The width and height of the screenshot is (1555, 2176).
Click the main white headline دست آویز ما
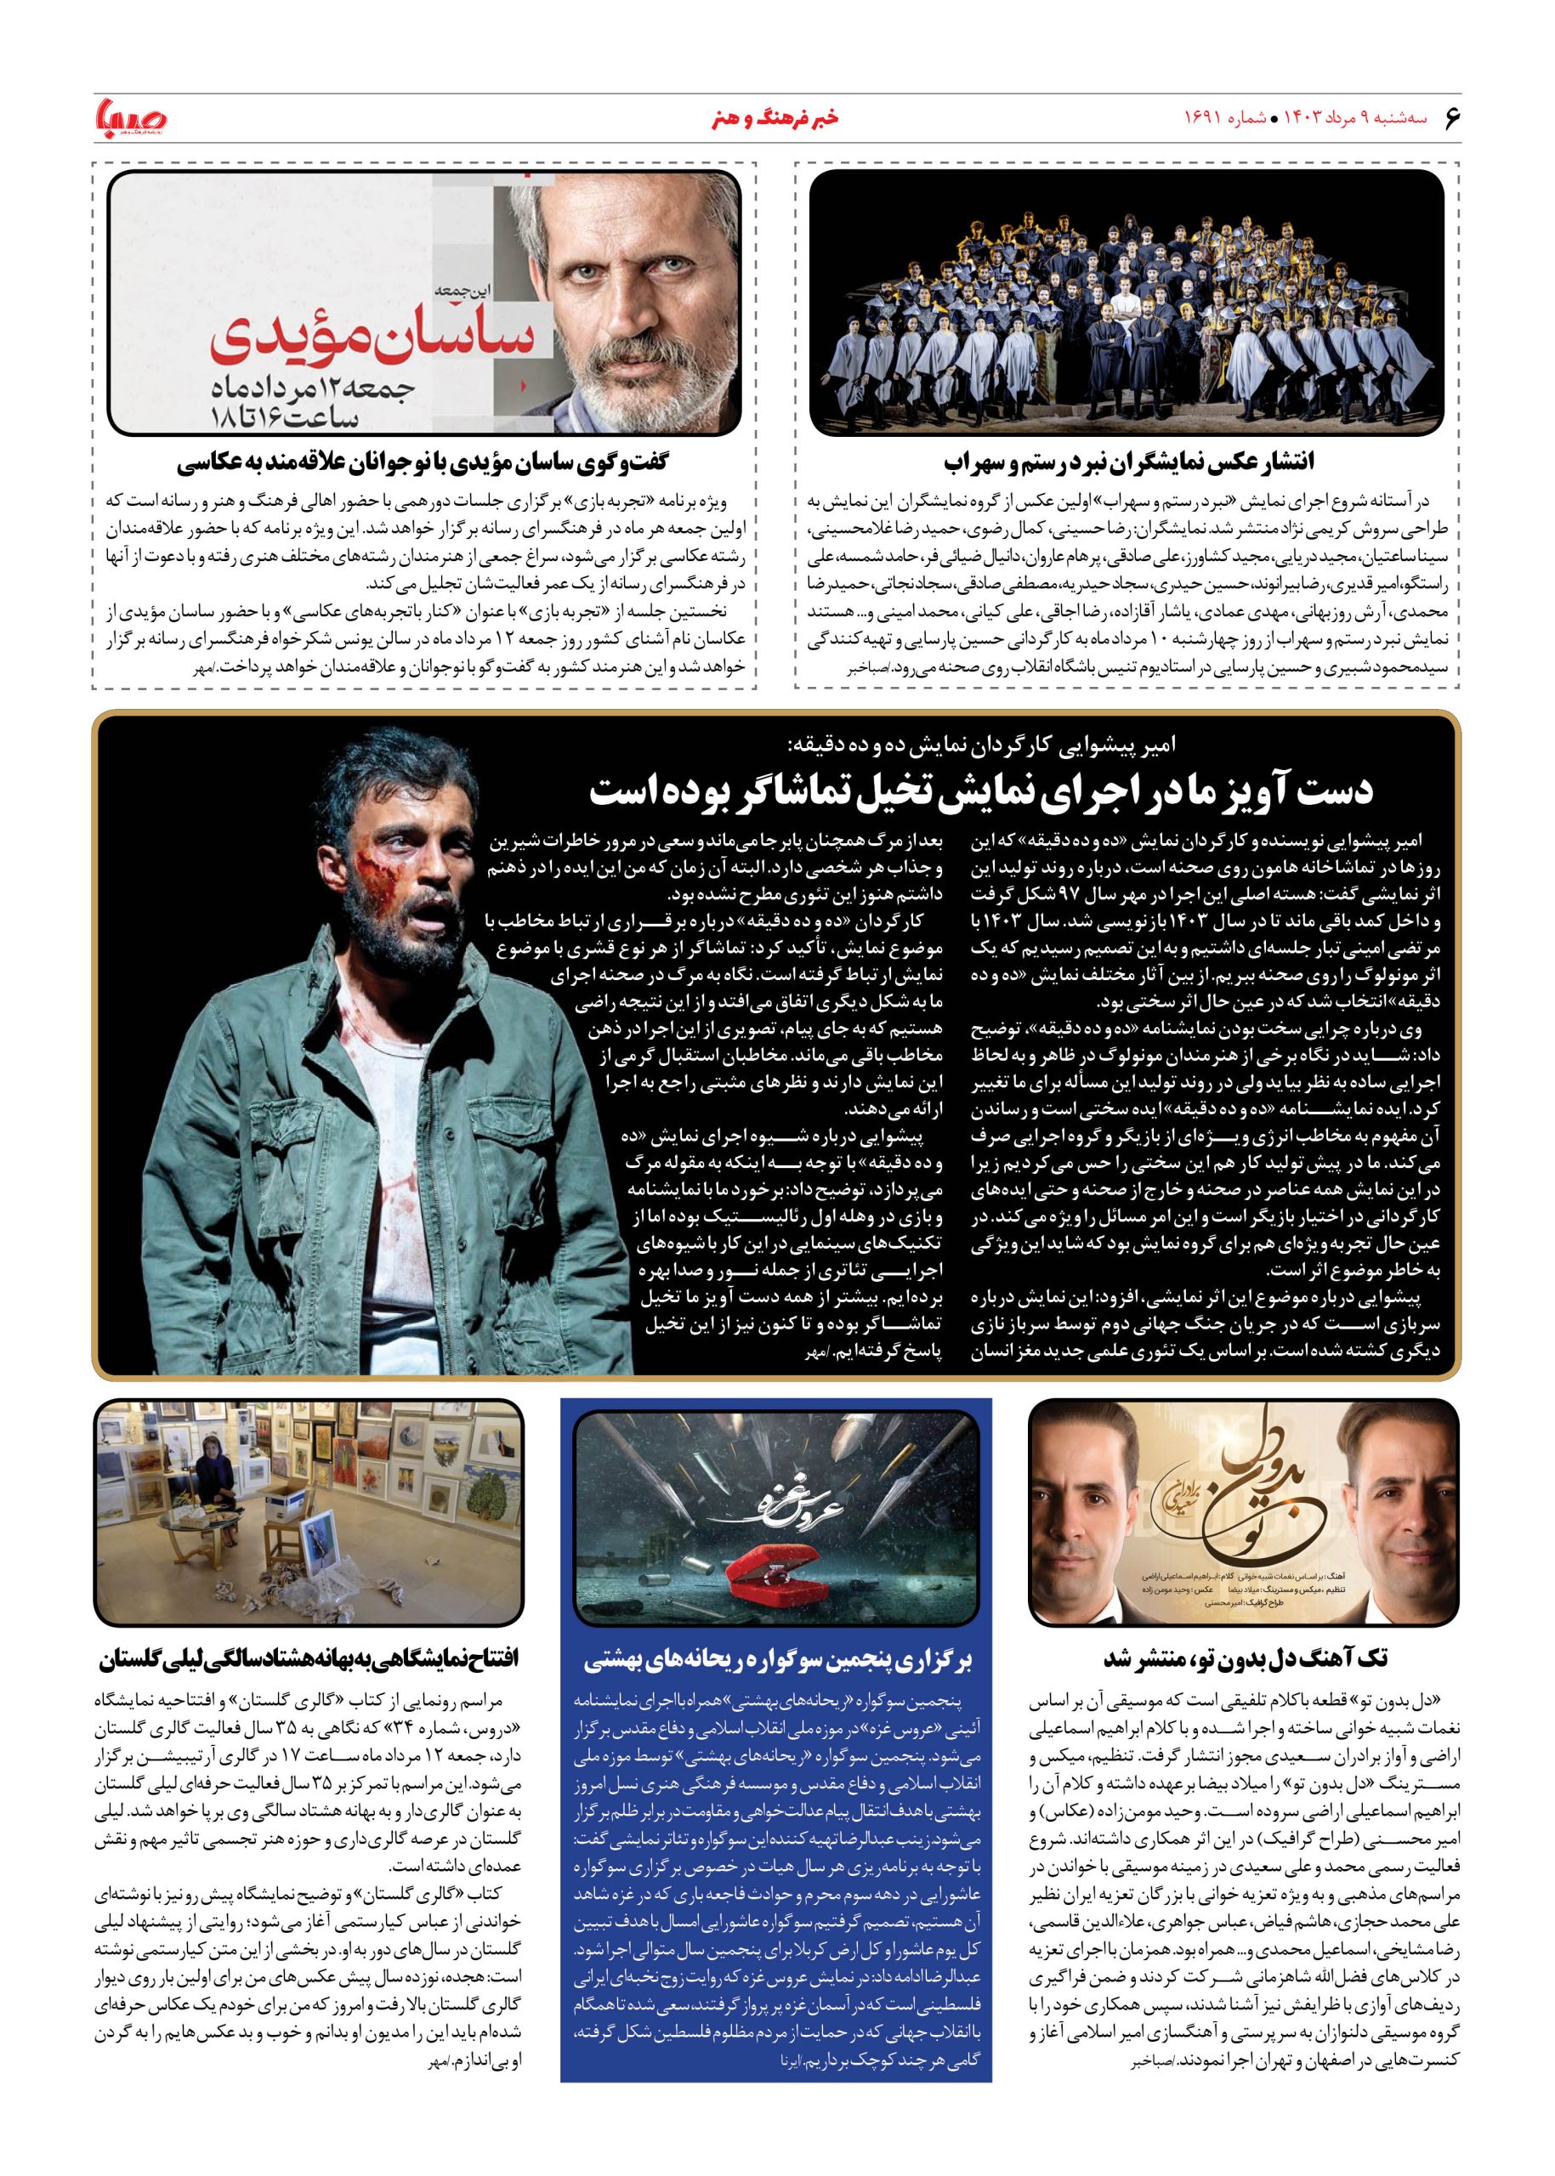[x=980, y=793]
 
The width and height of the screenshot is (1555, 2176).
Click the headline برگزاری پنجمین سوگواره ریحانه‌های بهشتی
[x=777, y=1659]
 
